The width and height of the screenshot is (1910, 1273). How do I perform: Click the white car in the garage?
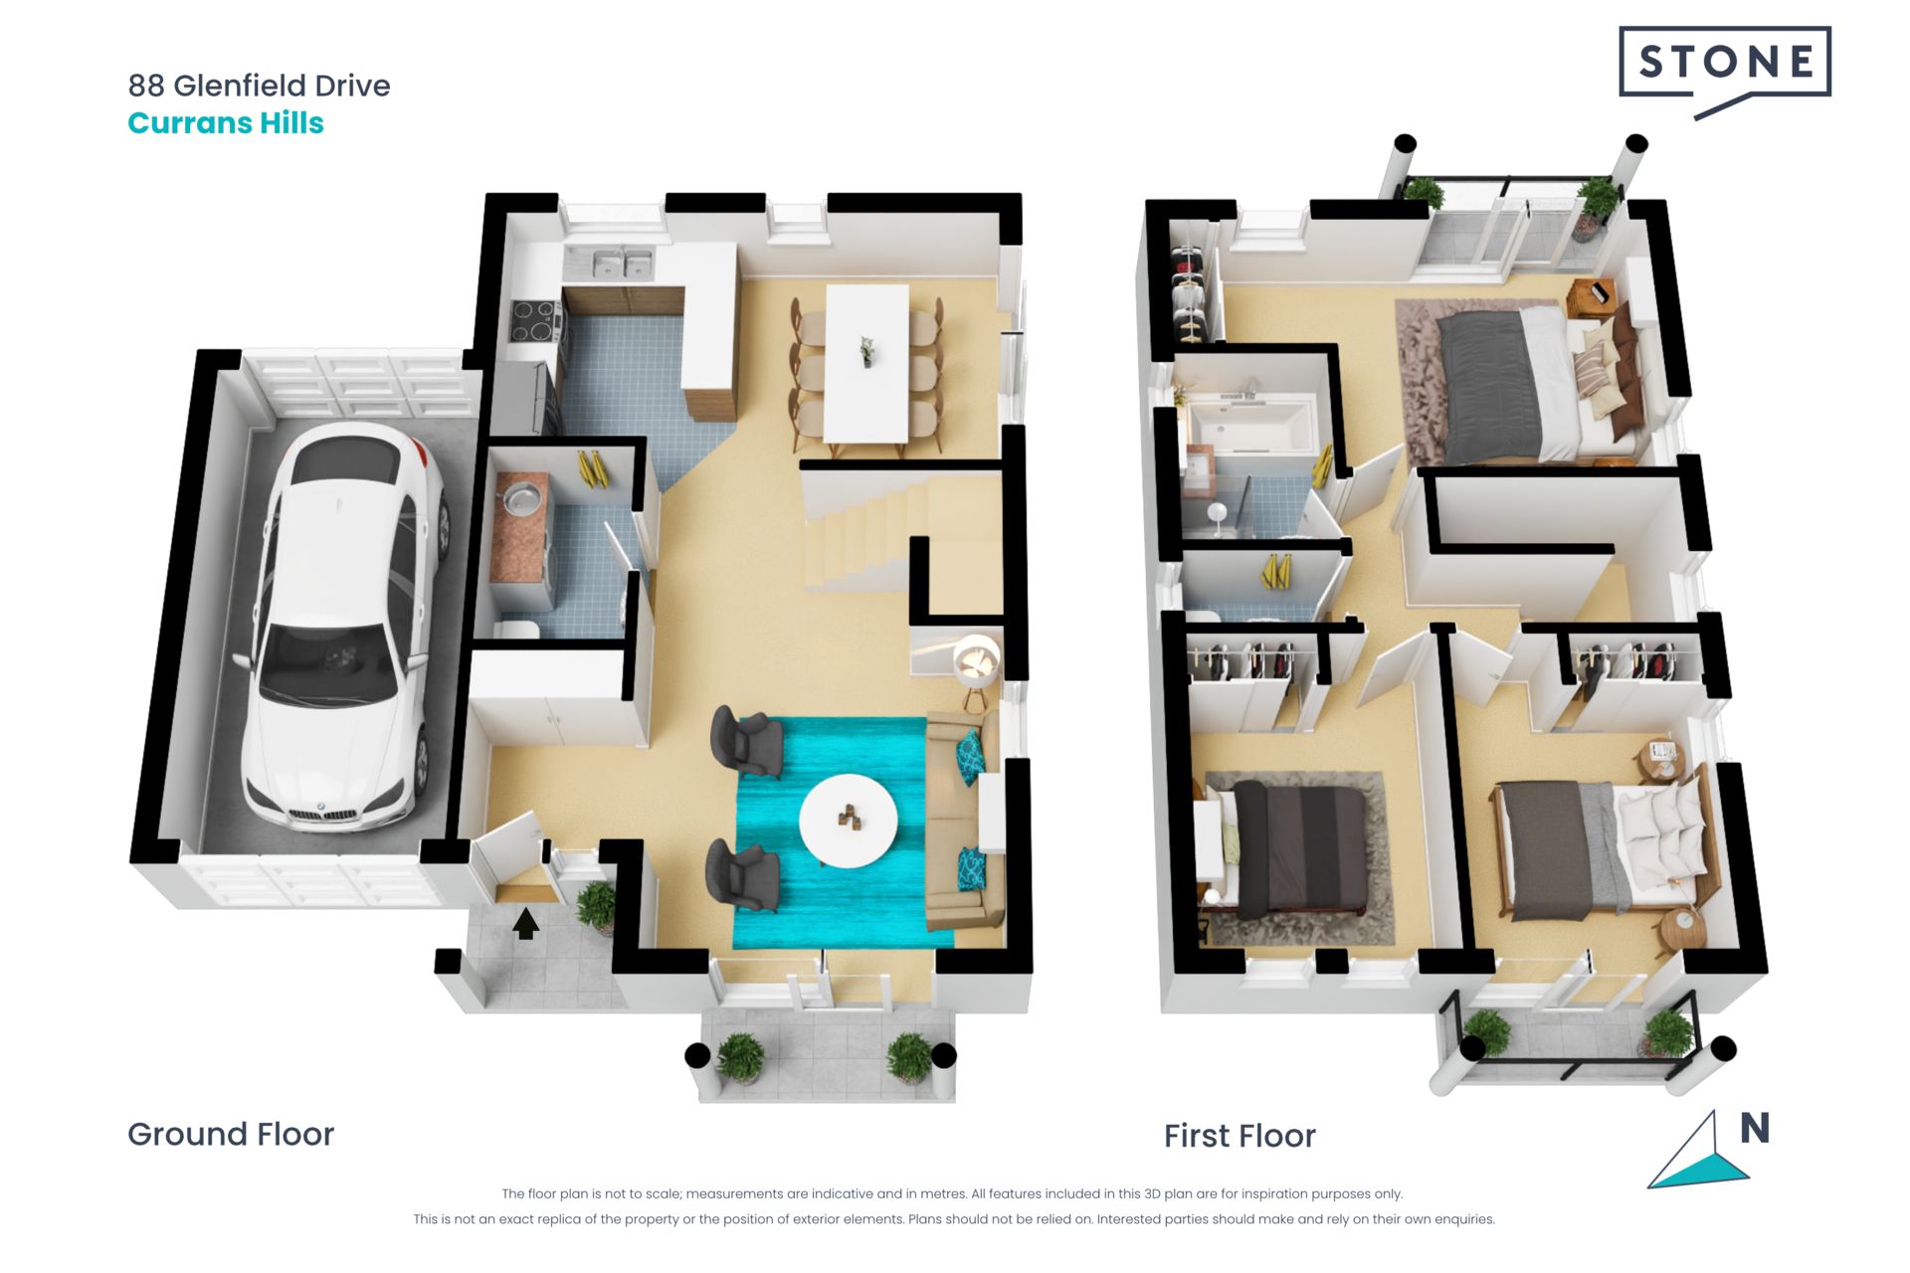[x=338, y=627]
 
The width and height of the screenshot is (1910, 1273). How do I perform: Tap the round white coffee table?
[x=848, y=820]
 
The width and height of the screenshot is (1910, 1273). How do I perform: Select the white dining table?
[x=866, y=363]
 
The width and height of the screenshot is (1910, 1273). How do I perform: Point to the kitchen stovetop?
[x=533, y=320]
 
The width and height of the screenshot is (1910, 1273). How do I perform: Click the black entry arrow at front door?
[x=525, y=923]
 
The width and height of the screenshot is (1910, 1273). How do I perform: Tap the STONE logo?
[x=1725, y=70]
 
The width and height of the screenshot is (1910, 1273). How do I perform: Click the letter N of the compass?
[x=1754, y=1128]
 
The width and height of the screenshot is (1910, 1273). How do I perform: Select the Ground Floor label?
[x=231, y=1134]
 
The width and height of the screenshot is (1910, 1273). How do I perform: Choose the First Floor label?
[x=1240, y=1136]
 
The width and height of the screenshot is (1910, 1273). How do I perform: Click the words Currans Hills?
[x=226, y=123]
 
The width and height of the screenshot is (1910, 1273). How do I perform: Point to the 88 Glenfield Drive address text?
[x=259, y=86]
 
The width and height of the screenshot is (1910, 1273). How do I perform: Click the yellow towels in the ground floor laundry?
[x=594, y=469]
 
